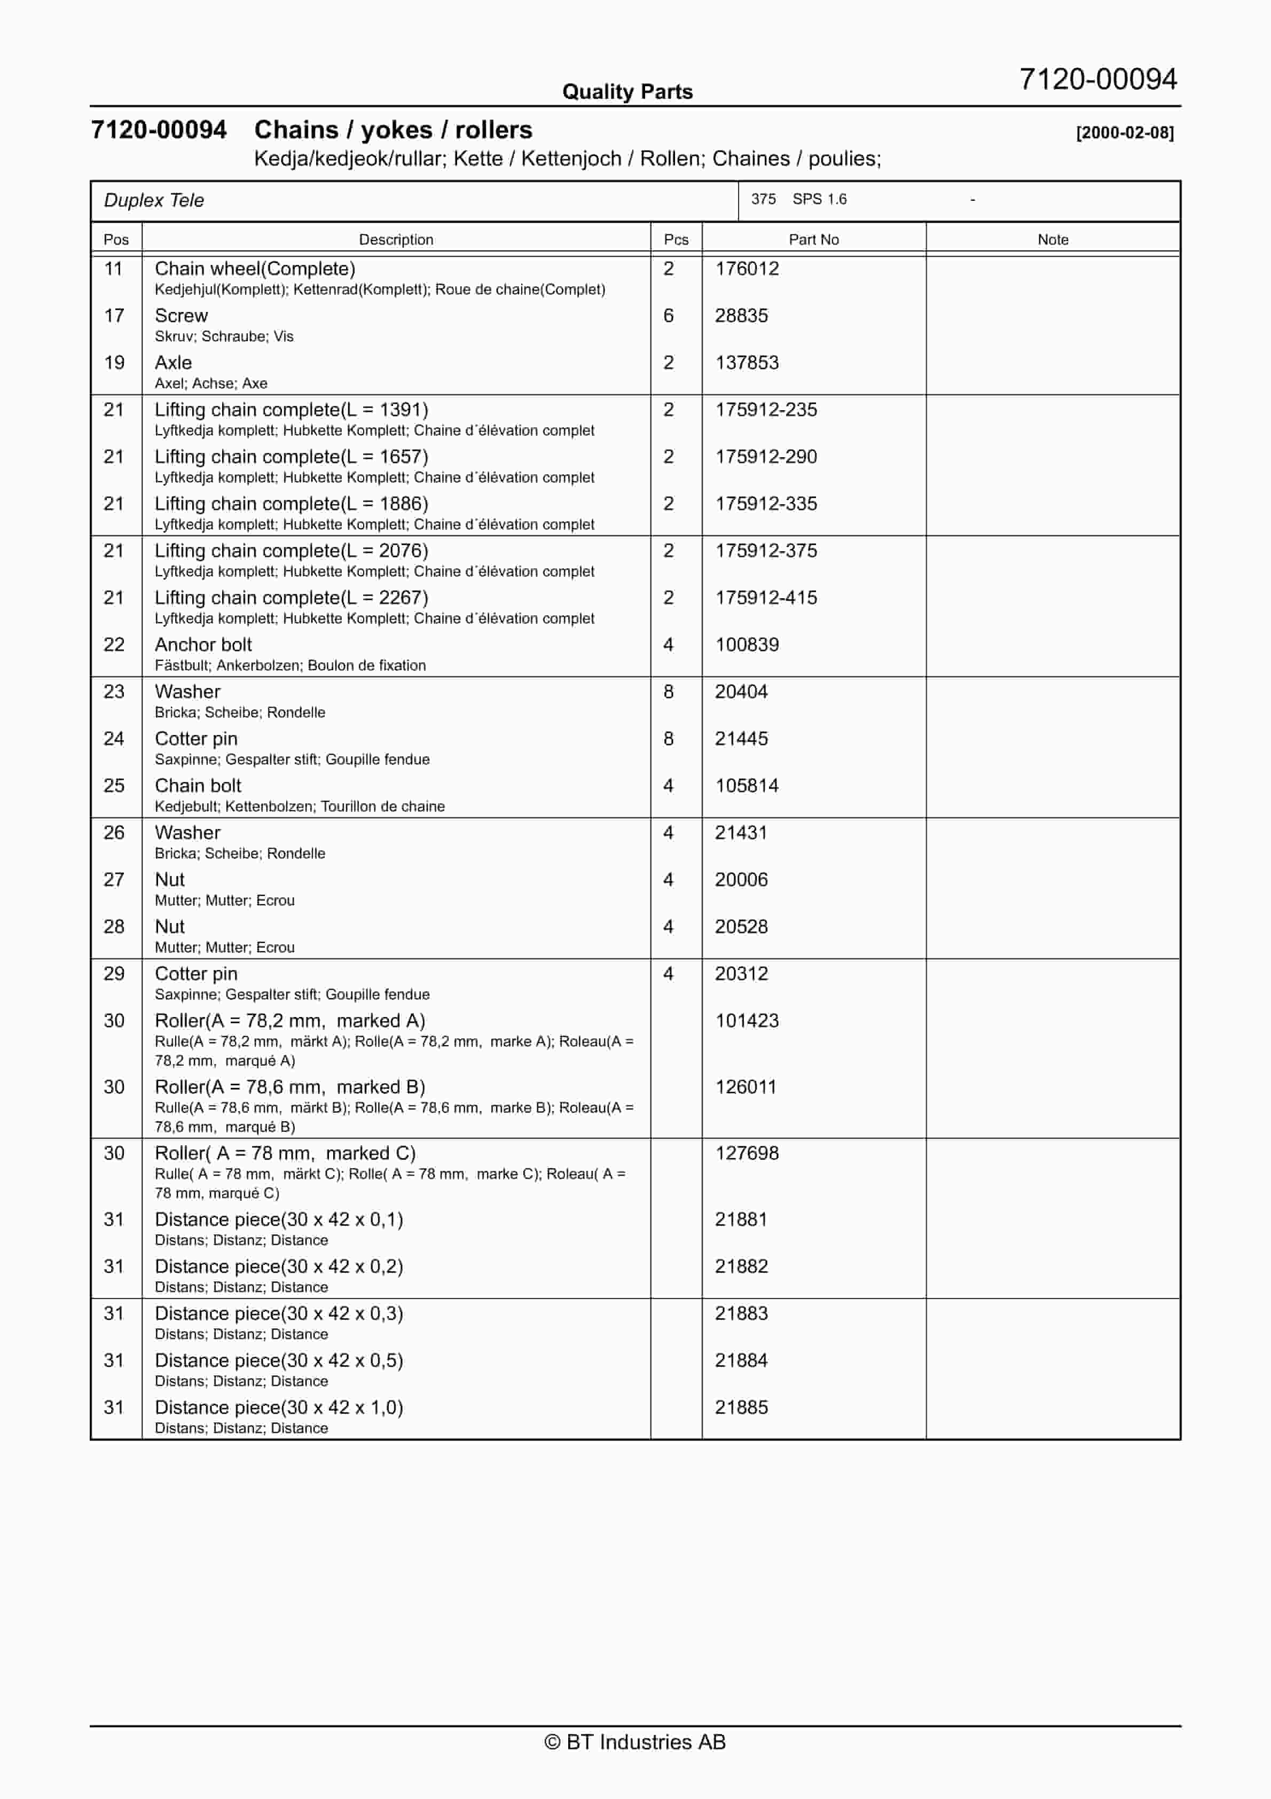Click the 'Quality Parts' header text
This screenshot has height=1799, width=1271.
(x=627, y=92)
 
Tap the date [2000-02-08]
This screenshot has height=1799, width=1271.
(x=1125, y=132)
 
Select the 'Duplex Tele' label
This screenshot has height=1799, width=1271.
(x=154, y=201)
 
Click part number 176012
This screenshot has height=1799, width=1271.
(x=747, y=269)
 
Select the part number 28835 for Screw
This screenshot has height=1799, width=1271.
(x=741, y=316)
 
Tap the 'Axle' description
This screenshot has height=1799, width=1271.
(x=173, y=363)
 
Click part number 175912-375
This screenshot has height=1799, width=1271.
(x=766, y=551)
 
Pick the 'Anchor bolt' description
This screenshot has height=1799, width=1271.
(x=203, y=645)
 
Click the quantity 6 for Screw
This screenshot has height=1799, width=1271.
(x=669, y=316)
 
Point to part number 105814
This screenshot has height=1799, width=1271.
(x=747, y=786)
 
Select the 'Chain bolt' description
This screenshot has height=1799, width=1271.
(x=198, y=786)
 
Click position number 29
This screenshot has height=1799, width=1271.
(x=114, y=974)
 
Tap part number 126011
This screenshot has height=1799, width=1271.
(x=745, y=1087)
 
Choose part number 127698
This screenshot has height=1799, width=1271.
(x=747, y=1153)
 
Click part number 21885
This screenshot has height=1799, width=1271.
(x=741, y=1407)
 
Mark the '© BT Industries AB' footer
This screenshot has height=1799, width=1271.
(x=635, y=1742)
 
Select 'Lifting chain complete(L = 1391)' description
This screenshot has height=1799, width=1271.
(x=292, y=410)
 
